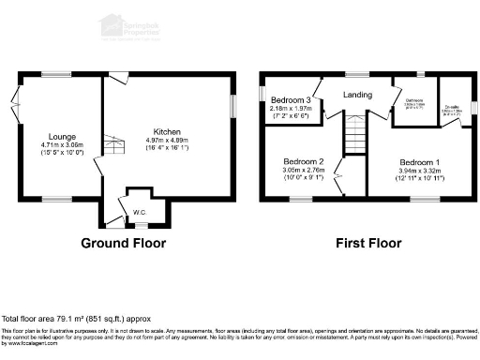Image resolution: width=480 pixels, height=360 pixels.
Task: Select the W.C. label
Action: [x=139, y=212]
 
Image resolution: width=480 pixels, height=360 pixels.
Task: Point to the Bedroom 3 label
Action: [x=291, y=100]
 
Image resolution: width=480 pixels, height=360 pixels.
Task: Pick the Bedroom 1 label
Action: [x=418, y=161]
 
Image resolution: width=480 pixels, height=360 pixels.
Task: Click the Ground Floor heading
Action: [x=123, y=243]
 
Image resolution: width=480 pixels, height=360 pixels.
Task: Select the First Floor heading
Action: [x=368, y=243]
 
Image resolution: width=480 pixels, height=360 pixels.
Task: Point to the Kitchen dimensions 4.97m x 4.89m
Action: [x=168, y=142]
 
